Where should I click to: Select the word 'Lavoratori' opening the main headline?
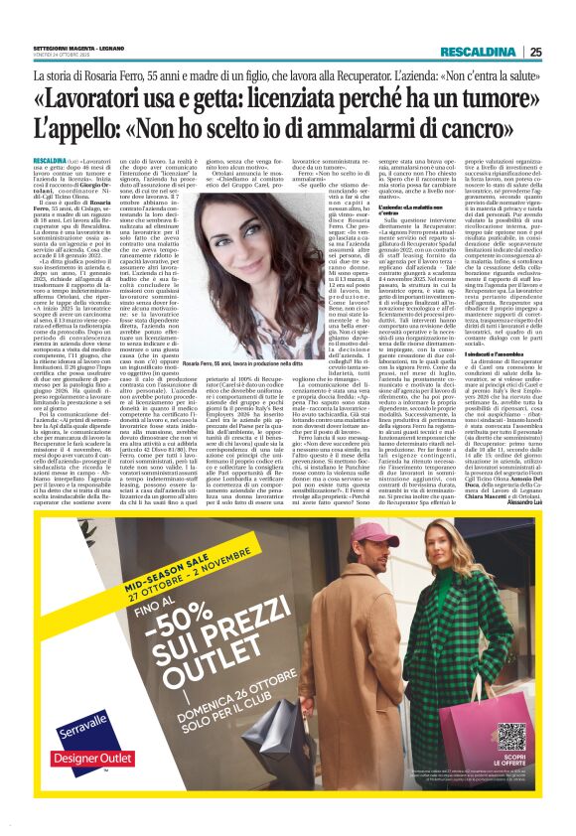pos(114,101)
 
